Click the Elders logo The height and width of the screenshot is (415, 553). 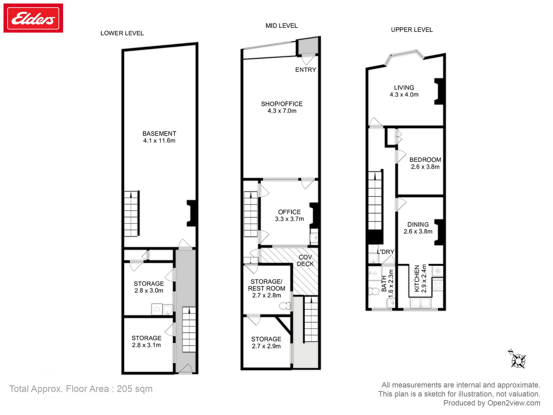click(33, 18)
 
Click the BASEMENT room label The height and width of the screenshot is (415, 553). click(159, 134)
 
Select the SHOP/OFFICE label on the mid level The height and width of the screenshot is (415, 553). click(282, 104)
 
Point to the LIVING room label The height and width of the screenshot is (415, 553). click(404, 88)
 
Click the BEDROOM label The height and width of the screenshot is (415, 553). click(425, 160)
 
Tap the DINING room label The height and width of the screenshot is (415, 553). click(418, 225)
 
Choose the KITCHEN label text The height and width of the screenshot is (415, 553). click(417, 279)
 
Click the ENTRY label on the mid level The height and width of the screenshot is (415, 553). click(306, 70)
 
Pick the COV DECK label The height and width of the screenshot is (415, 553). click(305, 261)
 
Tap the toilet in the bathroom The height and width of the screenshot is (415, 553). click(374, 291)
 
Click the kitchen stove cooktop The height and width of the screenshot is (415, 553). click(438, 285)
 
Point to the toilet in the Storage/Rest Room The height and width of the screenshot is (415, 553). click(285, 306)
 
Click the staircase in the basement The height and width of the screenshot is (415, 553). click(131, 214)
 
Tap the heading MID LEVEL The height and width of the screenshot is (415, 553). click(281, 26)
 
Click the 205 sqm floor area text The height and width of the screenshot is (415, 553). click(134, 389)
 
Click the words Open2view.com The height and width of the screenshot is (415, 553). click(514, 403)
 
